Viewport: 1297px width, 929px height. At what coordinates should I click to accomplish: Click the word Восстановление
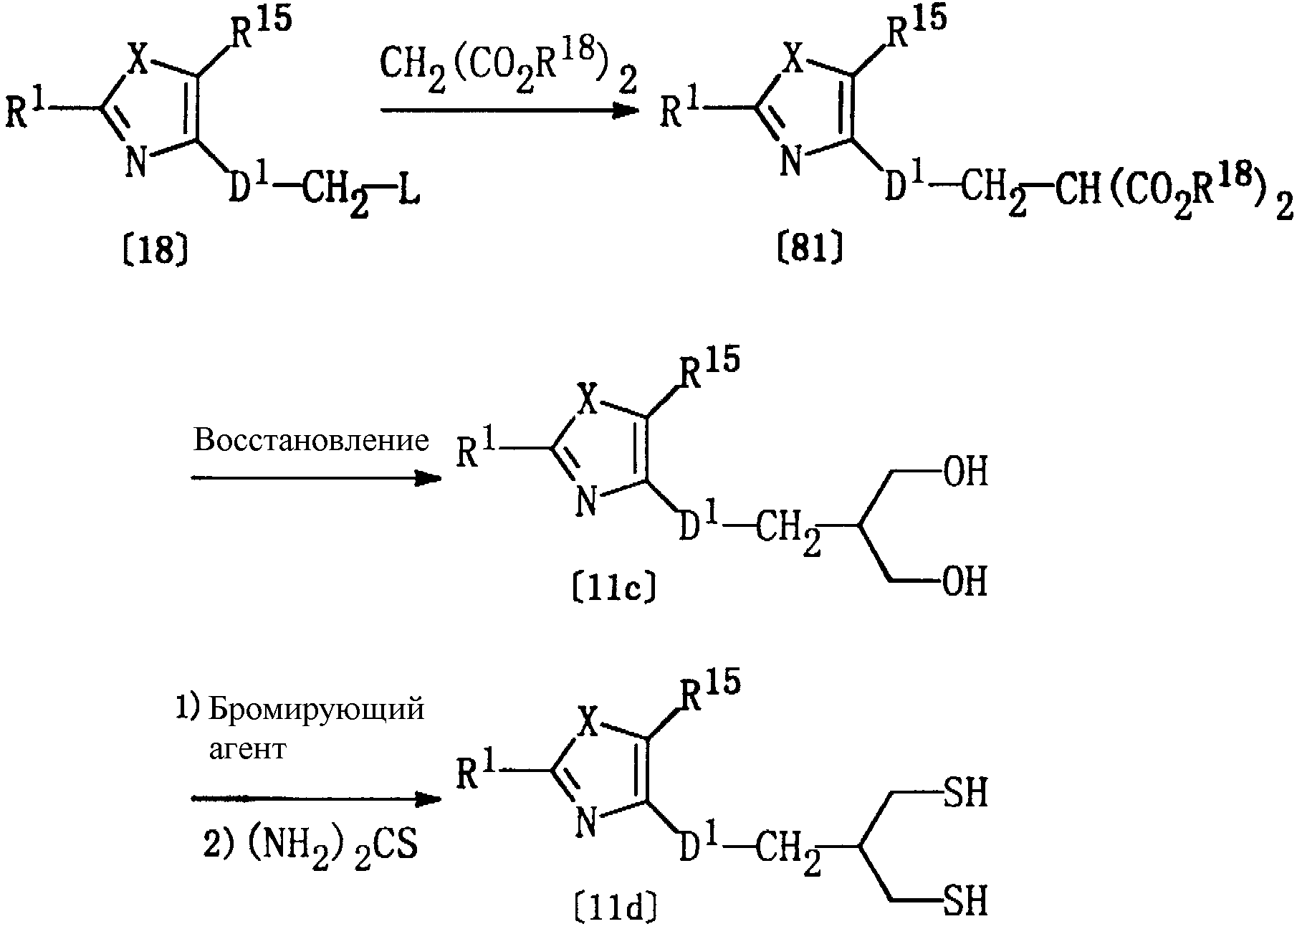pos(311,440)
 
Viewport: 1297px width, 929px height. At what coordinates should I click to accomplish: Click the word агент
pos(247,749)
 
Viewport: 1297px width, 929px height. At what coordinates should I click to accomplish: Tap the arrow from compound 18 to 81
pos(509,110)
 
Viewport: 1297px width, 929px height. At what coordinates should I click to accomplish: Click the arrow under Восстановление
pos(315,477)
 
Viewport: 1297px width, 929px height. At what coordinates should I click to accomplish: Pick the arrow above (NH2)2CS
pos(315,799)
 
